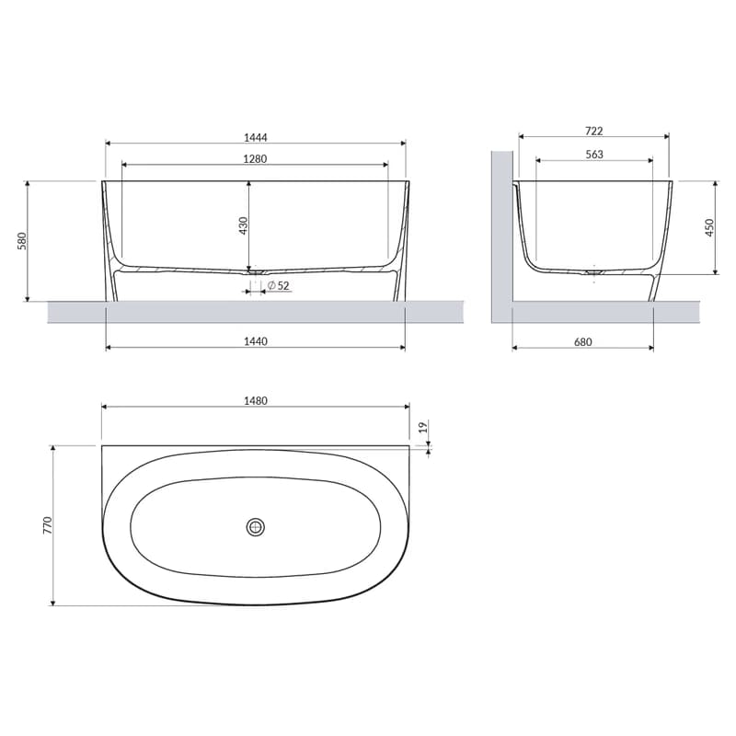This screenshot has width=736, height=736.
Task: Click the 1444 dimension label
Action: pyautogui.click(x=256, y=137)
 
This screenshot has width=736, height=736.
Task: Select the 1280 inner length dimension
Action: pyautogui.click(x=255, y=159)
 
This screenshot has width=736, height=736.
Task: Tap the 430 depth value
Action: pyautogui.click(x=243, y=225)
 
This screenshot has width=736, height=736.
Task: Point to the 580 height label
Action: pyautogui.click(x=22, y=241)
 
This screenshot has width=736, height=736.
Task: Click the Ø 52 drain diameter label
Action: pyautogui.click(x=279, y=285)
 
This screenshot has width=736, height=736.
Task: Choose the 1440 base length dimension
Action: pyautogui.click(x=256, y=341)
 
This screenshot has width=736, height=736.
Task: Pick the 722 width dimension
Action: pyautogui.click(x=593, y=131)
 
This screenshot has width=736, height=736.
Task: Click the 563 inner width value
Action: pyautogui.click(x=594, y=155)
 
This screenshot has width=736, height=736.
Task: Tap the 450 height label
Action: pyautogui.click(x=709, y=227)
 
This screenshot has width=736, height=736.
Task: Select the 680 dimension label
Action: pyautogui.click(x=583, y=342)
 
